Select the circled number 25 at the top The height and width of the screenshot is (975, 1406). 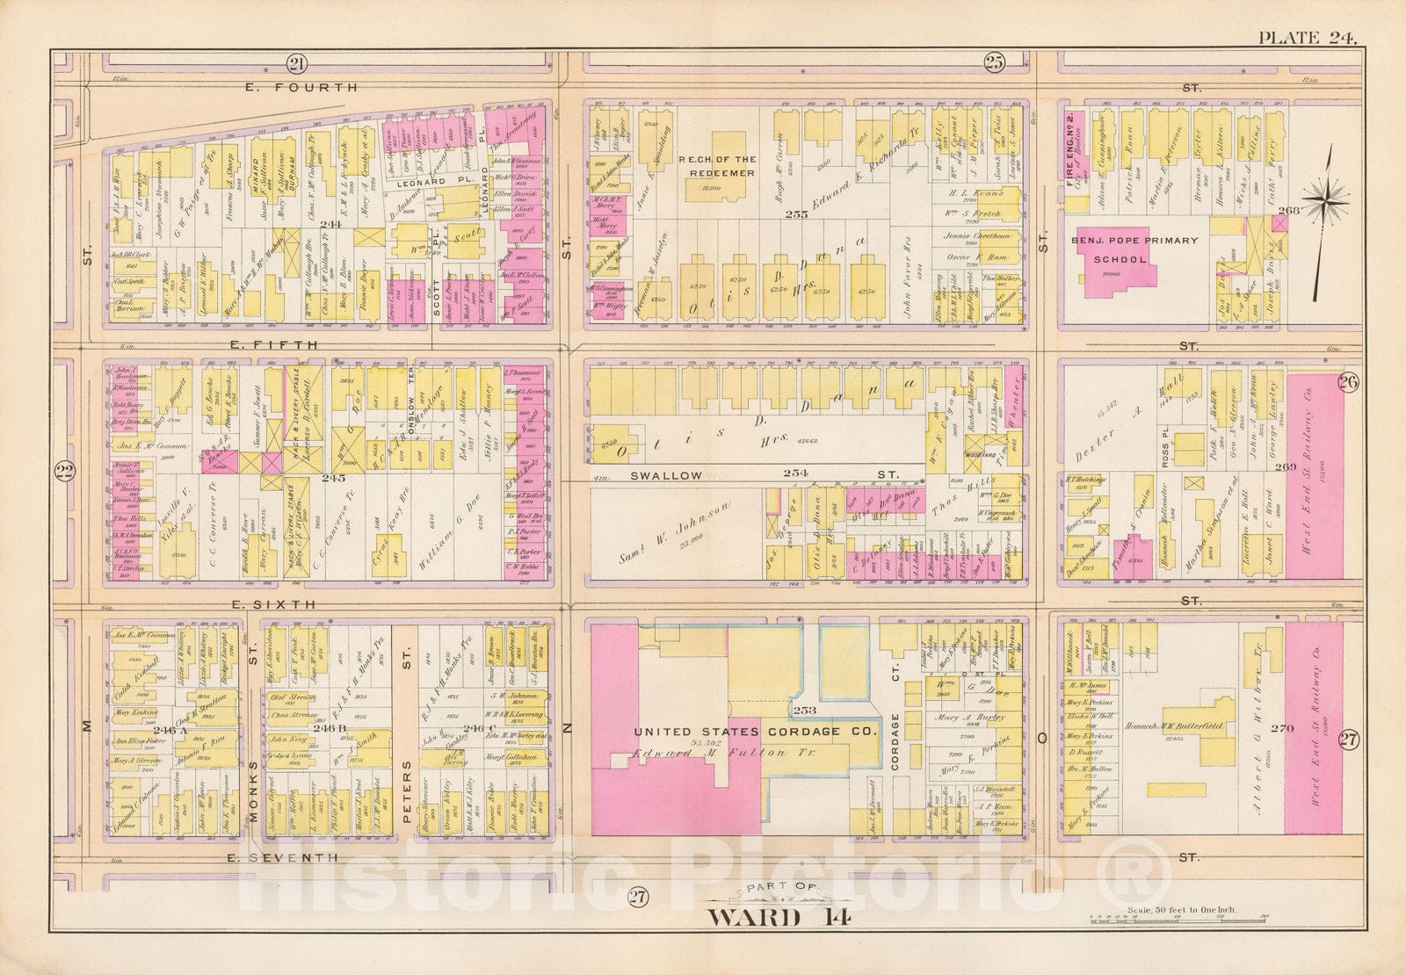click(x=994, y=61)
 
